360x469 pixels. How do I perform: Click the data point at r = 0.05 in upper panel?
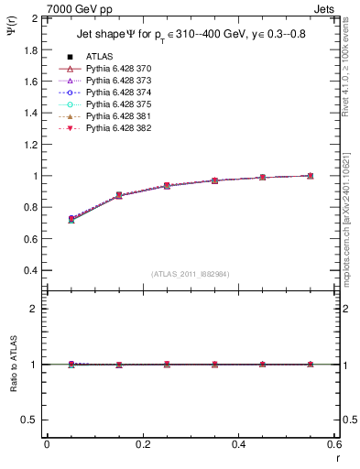click(71, 219)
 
